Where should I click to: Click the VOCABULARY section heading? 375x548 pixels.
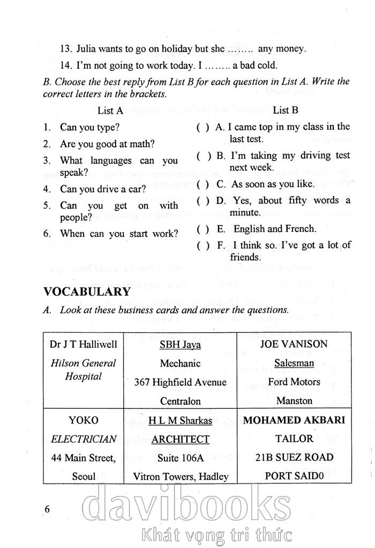[87, 292]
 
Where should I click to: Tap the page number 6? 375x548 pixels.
[48, 509]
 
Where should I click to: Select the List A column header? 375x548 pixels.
[110, 111]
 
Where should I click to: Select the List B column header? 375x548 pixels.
[286, 111]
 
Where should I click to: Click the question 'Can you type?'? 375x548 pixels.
[89, 128]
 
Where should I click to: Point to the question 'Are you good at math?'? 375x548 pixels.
[107, 144]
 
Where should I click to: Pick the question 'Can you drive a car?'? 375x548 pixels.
[103, 189]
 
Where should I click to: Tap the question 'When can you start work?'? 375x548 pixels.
[118, 233]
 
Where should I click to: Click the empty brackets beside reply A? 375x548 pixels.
[203, 128]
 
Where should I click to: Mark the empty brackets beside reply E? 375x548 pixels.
[203, 229]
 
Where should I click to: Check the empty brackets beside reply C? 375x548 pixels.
[203, 184]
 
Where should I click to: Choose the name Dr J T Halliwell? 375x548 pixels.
[83, 344]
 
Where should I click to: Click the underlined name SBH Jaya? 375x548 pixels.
[180, 345]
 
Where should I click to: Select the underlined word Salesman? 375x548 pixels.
[294, 363]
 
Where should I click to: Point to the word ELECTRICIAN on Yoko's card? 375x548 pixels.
[83, 439]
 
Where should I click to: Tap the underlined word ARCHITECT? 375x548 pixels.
[180, 439]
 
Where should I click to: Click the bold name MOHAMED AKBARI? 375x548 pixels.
[294, 420]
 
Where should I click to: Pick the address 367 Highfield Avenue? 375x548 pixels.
[181, 382]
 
